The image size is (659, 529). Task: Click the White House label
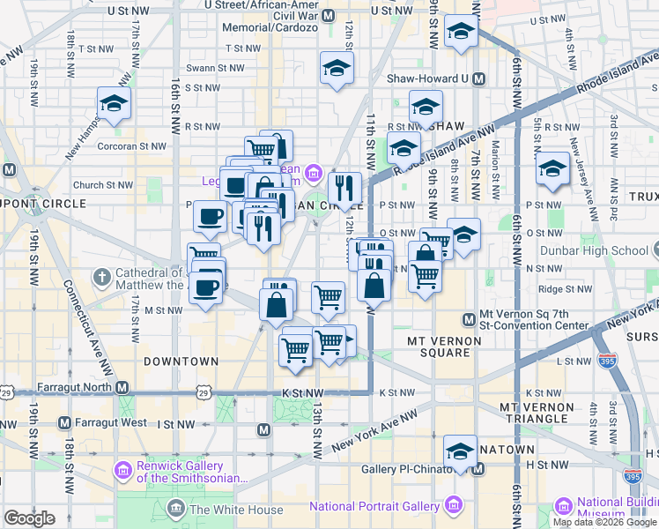click(x=236, y=510)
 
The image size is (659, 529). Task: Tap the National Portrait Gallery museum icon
click(x=454, y=506)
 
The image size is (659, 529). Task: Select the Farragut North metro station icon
click(x=123, y=388)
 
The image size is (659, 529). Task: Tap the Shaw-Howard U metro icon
click(x=478, y=78)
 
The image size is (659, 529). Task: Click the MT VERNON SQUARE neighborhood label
click(x=444, y=346)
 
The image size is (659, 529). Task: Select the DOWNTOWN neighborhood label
click(x=181, y=361)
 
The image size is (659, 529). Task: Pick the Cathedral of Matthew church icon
click(x=102, y=276)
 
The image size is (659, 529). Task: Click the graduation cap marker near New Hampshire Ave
click(x=115, y=104)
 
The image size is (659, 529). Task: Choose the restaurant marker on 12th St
click(x=344, y=187)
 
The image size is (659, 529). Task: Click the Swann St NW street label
click(x=215, y=68)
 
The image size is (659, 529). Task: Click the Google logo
click(x=29, y=518)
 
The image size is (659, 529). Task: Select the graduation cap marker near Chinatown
click(x=460, y=453)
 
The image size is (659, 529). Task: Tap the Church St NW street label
click(x=103, y=185)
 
